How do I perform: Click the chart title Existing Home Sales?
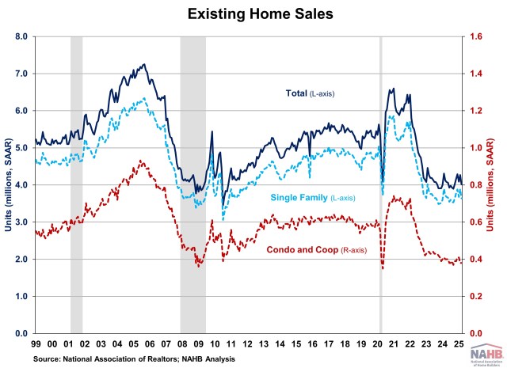(x=253, y=13)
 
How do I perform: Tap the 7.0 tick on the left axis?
(x=21, y=74)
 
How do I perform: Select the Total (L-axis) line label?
(x=310, y=94)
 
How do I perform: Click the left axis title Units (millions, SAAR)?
(x=7, y=184)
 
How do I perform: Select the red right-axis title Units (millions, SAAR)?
(x=501, y=184)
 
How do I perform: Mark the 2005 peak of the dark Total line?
(x=143, y=65)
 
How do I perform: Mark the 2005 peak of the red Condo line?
(x=140, y=161)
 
